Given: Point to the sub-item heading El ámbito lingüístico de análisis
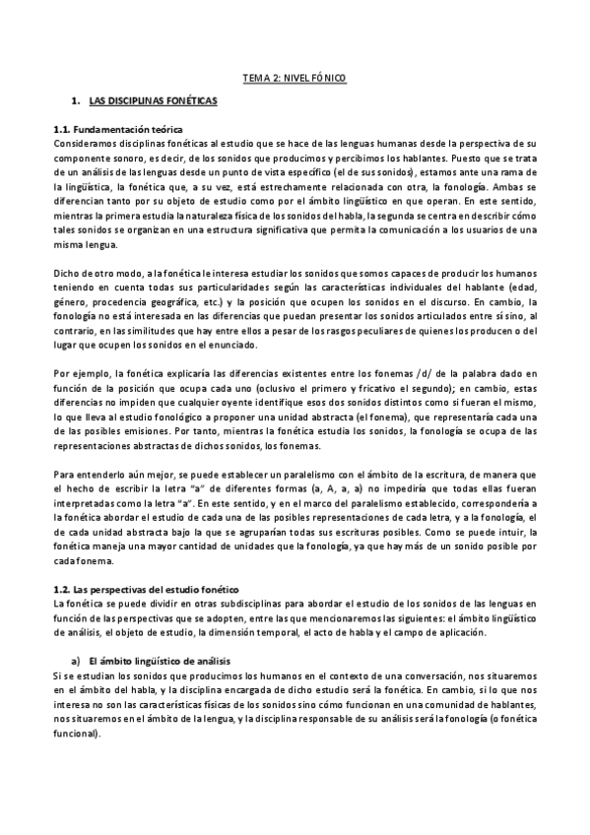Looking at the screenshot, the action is (x=164, y=659).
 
